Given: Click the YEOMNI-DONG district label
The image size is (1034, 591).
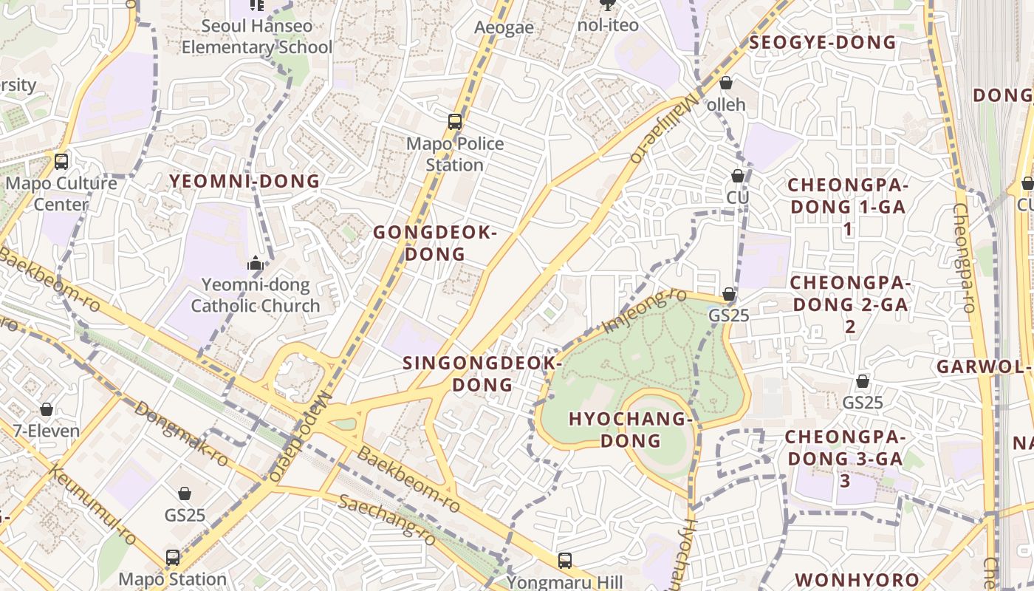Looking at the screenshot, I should pyautogui.click(x=244, y=181).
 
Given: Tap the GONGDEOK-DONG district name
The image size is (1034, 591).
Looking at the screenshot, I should pyautogui.click(x=434, y=243).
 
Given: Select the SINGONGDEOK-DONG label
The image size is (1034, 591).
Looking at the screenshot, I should pyautogui.click(x=482, y=374).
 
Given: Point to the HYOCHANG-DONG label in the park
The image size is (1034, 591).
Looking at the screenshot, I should pyautogui.click(x=630, y=430).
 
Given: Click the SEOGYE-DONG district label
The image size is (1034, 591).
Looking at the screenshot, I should pyautogui.click(x=823, y=42).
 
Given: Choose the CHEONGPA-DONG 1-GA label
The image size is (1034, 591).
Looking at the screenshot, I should pyautogui.click(x=847, y=206).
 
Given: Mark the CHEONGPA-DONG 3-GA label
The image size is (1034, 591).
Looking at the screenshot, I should pyautogui.click(x=844, y=458).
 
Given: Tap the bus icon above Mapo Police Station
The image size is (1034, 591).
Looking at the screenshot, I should pyautogui.click(x=455, y=122).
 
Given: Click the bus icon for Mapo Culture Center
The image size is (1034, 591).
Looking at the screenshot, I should pyautogui.click(x=61, y=161).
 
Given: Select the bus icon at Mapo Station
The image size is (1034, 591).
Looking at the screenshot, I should pyautogui.click(x=173, y=557).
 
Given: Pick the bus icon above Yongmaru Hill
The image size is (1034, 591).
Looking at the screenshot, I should pyautogui.click(x=565, y=561).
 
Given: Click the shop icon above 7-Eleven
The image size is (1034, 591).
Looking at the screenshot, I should pyautogui.click(x=47, y=409).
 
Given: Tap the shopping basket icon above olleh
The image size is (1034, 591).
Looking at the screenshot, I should pyautogui.click(x=726, y=83).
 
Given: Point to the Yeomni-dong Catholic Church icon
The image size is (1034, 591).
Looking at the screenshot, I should pyautogui.click(x=256, y=263).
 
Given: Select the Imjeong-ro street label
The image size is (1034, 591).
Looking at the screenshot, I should pyautogui.click(x=645, y=311).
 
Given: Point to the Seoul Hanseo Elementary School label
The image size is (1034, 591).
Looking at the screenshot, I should pyautogui.click(x=257, y=36).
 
